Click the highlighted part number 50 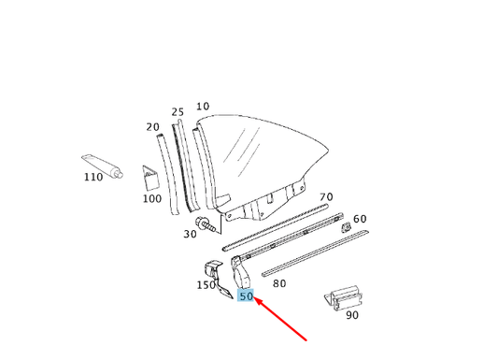coord(247,296)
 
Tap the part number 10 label coord(203,107)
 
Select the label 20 coord(153,127)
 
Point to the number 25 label coord(178,112)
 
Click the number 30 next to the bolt coord(191,234)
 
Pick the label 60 coord(360,219)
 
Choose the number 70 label coord(326,197)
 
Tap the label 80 coord(279,281)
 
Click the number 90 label coord(351,315)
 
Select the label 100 coord(151,198)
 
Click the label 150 coord(206,285)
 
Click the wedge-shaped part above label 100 coord(152,177)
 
